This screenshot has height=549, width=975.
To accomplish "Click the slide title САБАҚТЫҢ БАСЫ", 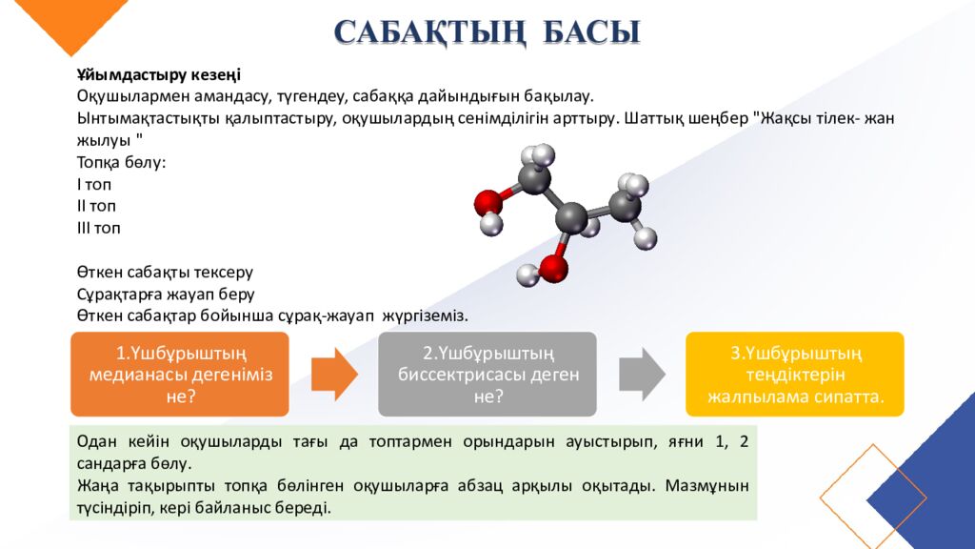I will point(487,31).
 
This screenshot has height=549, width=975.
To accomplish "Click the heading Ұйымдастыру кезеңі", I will point(158,74).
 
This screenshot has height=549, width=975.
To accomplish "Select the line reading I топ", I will point(93,184).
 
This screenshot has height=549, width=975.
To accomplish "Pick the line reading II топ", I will point(96,206).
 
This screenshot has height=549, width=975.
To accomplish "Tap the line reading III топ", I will point(99,228).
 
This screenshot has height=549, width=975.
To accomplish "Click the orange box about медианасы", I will point(180,374).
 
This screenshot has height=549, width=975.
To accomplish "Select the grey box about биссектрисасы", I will point(487,374).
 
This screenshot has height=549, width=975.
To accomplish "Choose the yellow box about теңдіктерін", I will point(795,374).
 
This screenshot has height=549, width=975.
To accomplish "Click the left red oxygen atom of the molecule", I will point(488,202).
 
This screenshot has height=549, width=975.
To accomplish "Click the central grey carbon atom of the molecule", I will point(570,218).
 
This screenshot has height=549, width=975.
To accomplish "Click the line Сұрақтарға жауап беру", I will point(166,294).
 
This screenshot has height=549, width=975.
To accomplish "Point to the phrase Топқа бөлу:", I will point(121,162).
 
